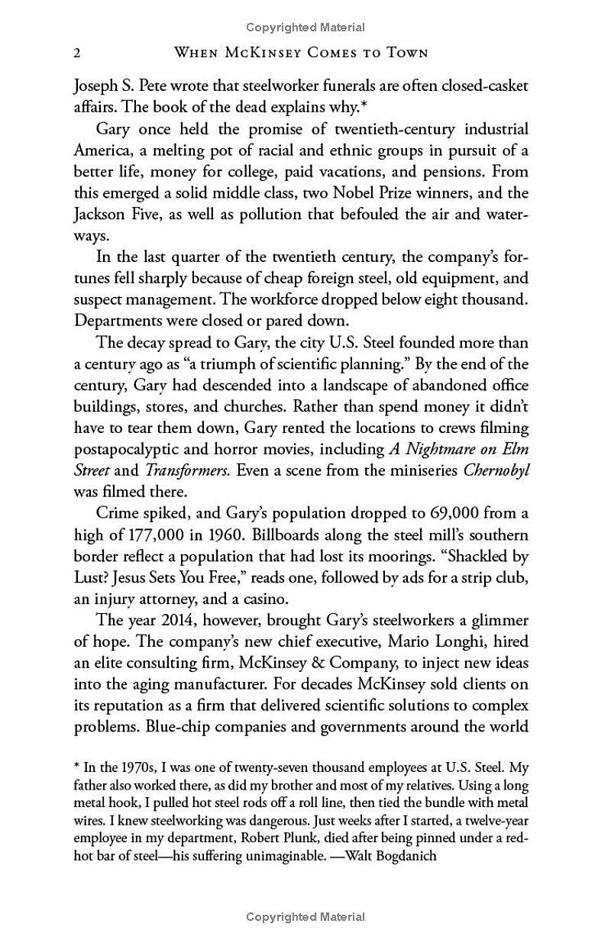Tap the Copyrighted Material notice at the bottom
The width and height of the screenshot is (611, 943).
305,917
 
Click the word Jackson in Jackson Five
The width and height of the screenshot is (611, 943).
97,212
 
